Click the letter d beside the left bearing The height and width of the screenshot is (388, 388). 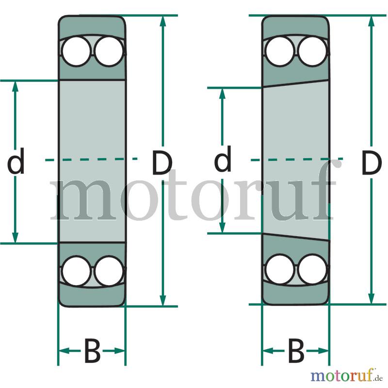click(x=16, y=161)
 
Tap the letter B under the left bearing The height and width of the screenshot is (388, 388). click(x=92, y=351)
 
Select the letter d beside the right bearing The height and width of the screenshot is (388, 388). click(x=223, y=159)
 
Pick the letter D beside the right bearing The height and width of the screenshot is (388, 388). click(x=370, y=163)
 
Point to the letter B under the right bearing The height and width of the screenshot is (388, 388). click(x=296, y=351)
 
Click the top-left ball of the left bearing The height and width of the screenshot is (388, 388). click(x=76, y=51)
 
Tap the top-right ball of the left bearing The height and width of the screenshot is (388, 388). click(x=109, y=51)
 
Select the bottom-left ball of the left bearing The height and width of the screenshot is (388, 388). click(x=76, y=271)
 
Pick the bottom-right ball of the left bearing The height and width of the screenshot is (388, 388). click(x=109, y=271)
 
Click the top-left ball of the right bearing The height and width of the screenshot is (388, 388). click(x=280, y=51)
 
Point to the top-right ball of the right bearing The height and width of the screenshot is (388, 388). click(x=312, y=51)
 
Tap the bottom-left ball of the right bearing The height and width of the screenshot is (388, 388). click(x=280, y=270)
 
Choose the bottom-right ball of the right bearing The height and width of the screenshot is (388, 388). click(x=312, y=270)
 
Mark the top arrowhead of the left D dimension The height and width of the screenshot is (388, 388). click(x=162, y=21)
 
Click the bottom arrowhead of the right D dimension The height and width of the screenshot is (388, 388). click(x=371, y=298)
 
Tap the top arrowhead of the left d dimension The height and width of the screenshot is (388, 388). click(x=16, y=86)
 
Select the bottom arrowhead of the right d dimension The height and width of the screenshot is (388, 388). click(x=223, y=227)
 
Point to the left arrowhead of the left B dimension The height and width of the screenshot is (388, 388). click(x=64, y=351)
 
